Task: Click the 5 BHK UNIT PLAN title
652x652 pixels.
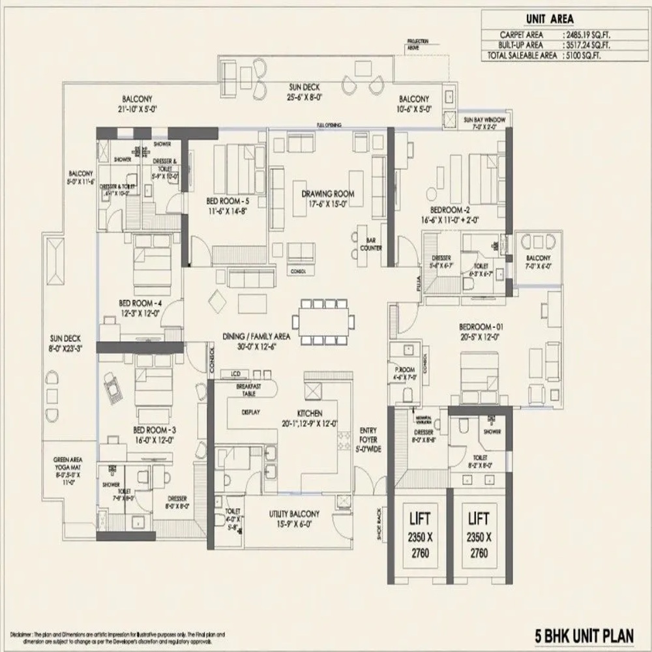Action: click(585, 632)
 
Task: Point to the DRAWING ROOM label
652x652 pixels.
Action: click(328, 194)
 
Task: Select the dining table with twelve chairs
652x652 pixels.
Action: click(324, 321)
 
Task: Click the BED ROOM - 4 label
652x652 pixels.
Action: click(140, 304)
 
